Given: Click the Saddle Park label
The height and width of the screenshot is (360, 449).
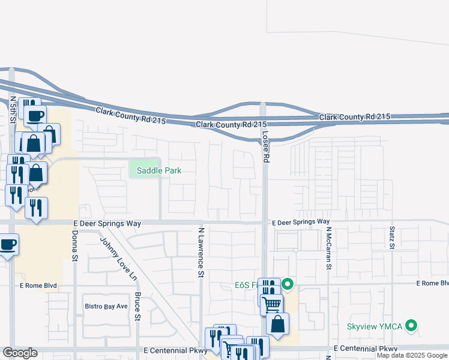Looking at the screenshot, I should tap(158, 170).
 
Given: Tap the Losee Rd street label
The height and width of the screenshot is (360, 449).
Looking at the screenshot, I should tap(265, 146).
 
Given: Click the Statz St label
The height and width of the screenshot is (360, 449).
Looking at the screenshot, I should tap(391, 237).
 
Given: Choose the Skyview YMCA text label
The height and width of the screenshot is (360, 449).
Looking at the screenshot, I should tap(375, 327).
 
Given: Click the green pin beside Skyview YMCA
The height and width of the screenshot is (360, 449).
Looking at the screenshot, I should tap(411, 326).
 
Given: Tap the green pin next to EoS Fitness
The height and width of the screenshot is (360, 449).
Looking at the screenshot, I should tap(287, 284).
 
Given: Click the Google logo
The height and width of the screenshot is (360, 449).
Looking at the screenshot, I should tap(20, 353).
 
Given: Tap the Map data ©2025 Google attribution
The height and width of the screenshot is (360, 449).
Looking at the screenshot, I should tap(412, 355).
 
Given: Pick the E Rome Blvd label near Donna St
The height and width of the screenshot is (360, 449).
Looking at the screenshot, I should tap(38, 286).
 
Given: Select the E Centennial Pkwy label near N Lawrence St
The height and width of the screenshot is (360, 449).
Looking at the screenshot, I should tap(175, 350).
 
